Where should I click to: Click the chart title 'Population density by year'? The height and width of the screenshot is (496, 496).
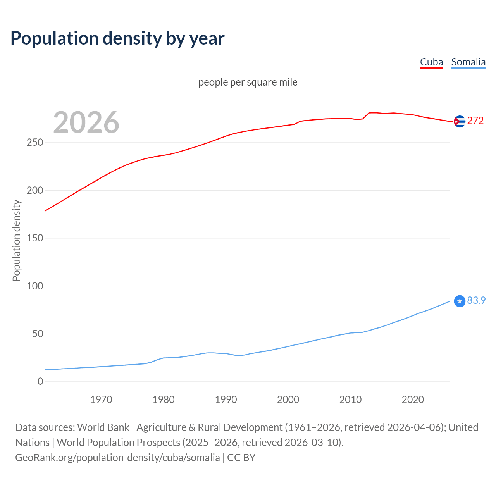point(117,38)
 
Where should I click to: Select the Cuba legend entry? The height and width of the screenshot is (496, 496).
point(431,62)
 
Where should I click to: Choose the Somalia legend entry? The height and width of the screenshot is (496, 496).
point(468,62)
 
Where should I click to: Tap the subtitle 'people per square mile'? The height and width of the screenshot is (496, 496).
point(248,82)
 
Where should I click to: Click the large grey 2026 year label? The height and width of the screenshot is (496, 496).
point(86,122)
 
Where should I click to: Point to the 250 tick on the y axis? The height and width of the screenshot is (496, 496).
point(35,143)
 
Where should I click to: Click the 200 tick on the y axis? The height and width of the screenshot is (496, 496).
point(35,190)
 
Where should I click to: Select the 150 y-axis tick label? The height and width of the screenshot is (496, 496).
point(35,238)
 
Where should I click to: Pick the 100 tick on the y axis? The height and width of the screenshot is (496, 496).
point(35,286)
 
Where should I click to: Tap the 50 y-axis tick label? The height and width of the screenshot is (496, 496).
point(37,334)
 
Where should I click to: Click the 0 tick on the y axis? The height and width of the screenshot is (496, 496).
point(40,381)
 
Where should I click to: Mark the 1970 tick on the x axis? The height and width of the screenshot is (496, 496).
point(101,400)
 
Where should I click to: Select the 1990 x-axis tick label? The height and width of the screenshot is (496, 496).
point(226,400)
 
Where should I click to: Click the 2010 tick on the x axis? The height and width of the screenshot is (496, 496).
point(350,400)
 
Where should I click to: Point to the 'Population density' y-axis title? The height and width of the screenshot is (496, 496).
point(16,240)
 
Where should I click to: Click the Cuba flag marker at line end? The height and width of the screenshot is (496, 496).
point(460,121)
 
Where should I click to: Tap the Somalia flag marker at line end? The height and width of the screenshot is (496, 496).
point(460,301)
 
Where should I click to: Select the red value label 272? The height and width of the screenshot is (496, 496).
point(475,121)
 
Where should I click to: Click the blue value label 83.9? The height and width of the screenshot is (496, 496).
point(476,300)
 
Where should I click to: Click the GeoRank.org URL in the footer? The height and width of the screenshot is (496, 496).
point(117,458)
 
